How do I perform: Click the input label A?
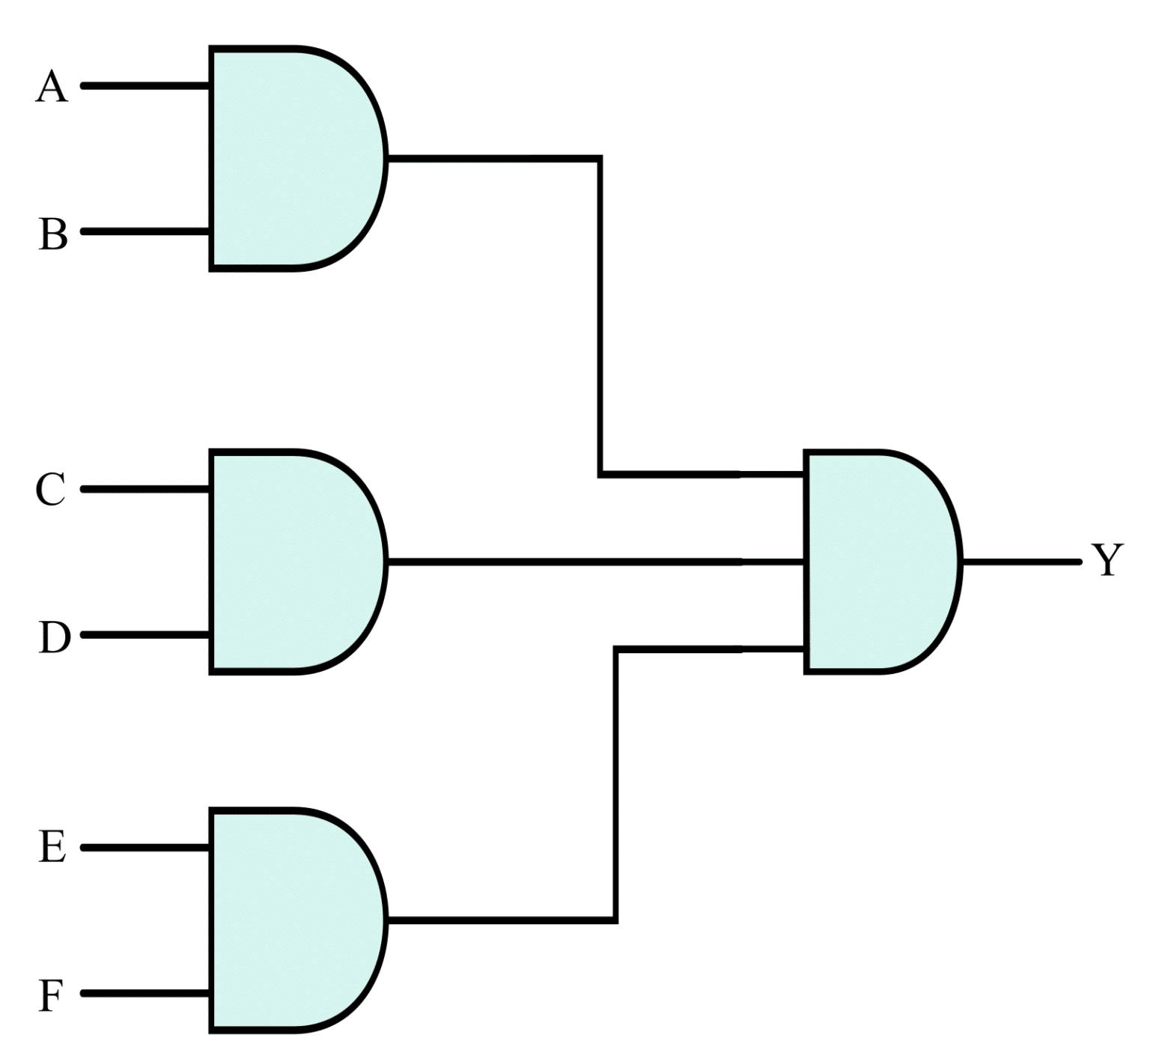point(52,87)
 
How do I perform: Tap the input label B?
point(52,234)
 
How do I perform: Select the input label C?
point(51,491)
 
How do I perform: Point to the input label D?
point(53,638)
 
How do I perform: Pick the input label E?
point(52,849)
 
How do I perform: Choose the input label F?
point(50,996)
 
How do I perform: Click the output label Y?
point(1107,560)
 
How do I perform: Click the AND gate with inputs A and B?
point(292,158)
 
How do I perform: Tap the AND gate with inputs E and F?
point(292,920)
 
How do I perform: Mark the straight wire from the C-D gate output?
point(591,561)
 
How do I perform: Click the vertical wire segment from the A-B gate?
point(600,315)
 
